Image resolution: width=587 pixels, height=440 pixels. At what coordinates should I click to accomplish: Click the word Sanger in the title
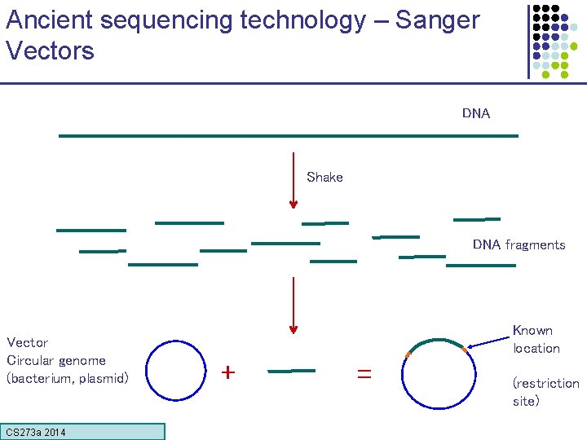pos(438,20)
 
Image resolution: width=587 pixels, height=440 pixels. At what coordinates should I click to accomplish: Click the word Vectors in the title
pos(50,51)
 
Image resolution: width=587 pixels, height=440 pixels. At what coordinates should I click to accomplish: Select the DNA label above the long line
pos(476,113)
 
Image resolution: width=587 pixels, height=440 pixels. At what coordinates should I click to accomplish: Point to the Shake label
pos(324,177)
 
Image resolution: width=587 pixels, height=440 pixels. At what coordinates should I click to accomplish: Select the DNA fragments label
pos(519,244)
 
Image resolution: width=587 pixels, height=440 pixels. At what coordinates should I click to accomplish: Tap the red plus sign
pos(229,372)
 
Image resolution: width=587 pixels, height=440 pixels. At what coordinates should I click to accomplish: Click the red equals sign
pos(364,373)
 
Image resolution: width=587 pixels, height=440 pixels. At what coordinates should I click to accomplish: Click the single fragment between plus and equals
pos(292,371)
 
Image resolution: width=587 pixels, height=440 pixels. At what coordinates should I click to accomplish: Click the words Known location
pos(536,339)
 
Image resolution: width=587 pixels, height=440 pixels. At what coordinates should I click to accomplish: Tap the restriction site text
pos(545,392)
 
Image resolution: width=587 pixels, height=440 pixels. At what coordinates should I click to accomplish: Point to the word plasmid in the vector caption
pos(102,378)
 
